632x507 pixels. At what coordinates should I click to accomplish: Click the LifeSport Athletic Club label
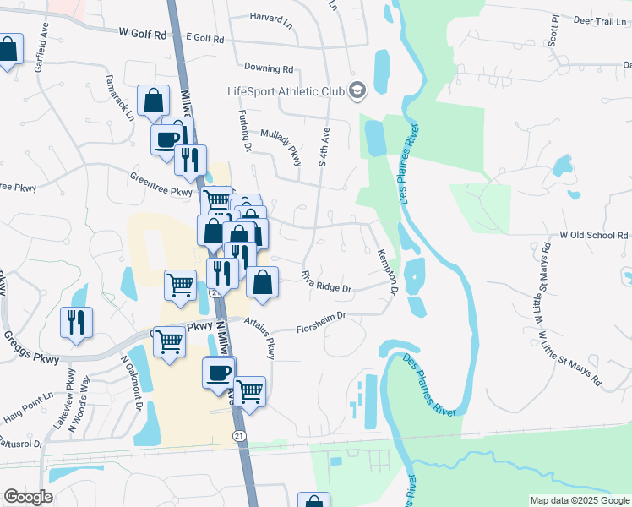[x=287, y=91]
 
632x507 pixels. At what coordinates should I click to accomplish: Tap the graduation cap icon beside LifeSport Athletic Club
[x=358, y=90]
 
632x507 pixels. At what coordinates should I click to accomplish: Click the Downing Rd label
[x=268, y=68]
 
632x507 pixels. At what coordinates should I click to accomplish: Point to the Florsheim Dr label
[x=321, y=322]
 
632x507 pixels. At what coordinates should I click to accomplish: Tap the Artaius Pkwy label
[x=260, y=335]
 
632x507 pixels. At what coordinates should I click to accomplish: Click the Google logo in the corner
[x=28, y=497]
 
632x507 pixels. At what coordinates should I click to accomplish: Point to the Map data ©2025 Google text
[x=579, y=500]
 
